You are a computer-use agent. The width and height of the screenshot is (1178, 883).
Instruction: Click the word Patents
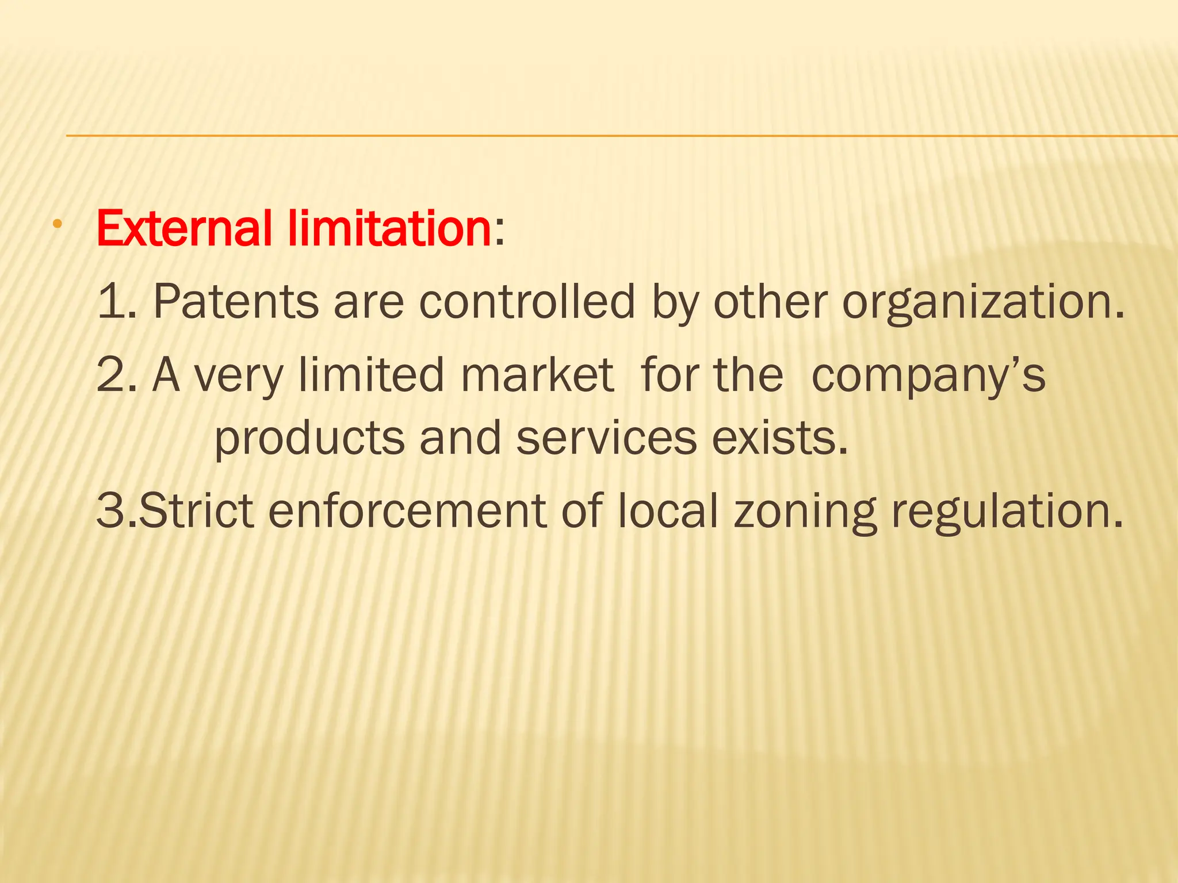pos(236,301)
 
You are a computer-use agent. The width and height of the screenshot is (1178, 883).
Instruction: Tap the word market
pos(537,375)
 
